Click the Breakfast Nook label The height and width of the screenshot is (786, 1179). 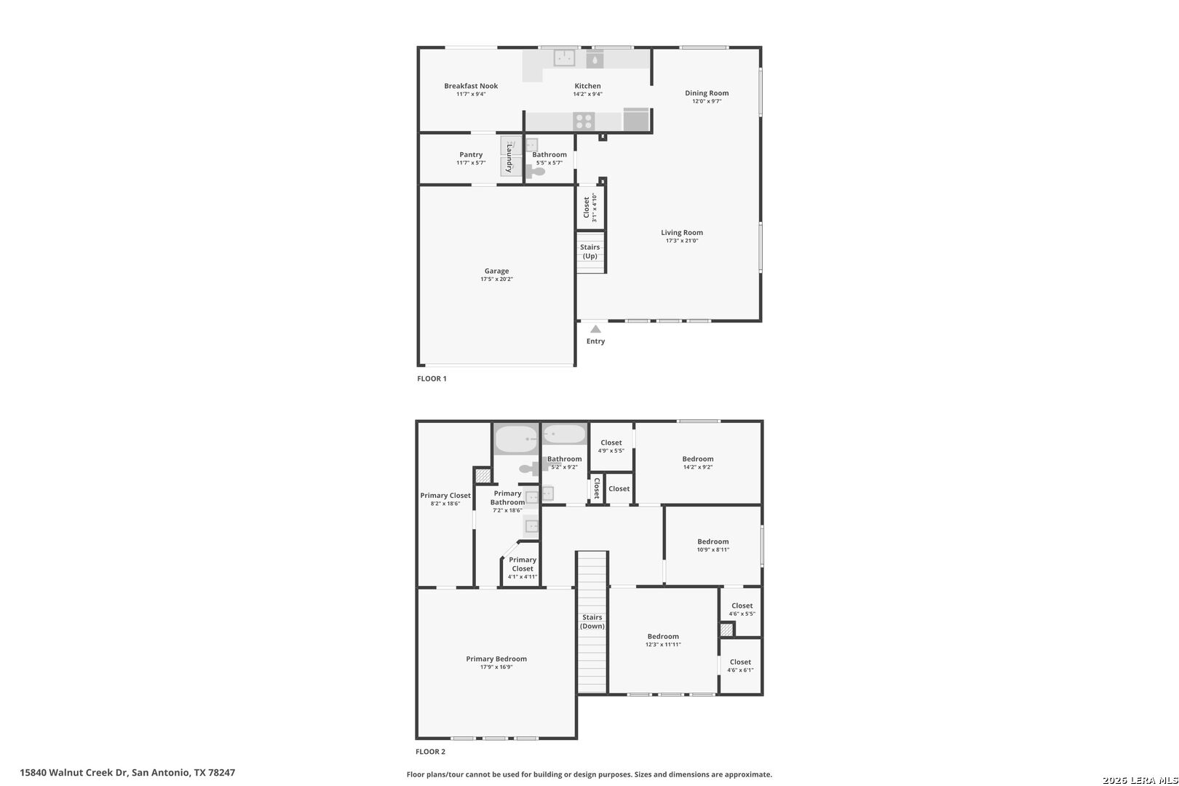click(x=471, y=86)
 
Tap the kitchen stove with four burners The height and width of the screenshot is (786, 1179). click(x=584, y=121)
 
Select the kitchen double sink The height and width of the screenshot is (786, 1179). click(x=564, y=57)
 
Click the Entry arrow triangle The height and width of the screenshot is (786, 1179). click(x=595, y=329)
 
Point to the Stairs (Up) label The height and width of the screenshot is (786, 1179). click(x=590, y=251)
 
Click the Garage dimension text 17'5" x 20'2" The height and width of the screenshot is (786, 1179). click(x=496, y=279)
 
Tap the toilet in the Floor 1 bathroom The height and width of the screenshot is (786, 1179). click(x=536, y=172)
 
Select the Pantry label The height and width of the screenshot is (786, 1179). click(x=471, y=154)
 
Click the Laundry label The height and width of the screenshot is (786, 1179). click(x=509, y=158)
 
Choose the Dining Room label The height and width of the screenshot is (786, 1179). click(x=707, y=93)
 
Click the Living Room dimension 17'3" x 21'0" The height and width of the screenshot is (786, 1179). click(x=682, y=241)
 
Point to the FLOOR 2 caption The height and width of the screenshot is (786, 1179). click(x=431, y=751)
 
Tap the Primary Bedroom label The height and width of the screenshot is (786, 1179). click(x=496, y=659)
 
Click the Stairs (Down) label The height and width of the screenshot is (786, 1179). click(x=592, y=622)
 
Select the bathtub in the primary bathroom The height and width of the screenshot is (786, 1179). click(x=516, y=440)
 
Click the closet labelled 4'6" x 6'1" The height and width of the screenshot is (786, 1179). click(x=740, y=665)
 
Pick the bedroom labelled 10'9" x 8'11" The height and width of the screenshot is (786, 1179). click(x=712, y=545)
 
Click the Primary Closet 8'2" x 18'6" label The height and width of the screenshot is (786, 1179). click(x=445, y=499)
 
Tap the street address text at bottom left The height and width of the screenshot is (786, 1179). click(x=127, y=772)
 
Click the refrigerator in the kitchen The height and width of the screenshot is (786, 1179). click(x=636, y=119)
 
